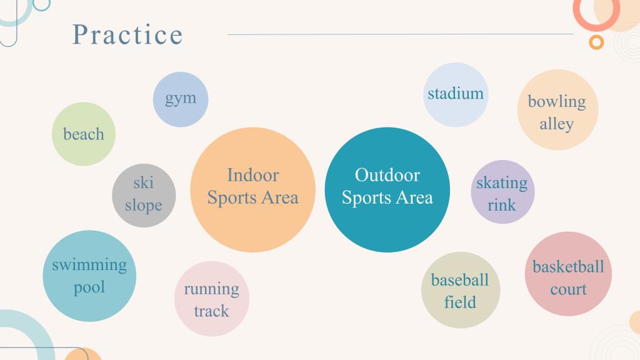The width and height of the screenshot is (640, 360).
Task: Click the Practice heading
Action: [127, 34]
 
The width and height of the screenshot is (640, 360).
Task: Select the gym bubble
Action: [181, 99]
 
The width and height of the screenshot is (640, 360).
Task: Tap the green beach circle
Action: [84, 134]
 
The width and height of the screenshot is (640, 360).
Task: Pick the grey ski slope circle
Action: [144, 196]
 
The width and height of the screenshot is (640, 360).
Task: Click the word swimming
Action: [89, 265]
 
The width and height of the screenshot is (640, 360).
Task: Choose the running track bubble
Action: [211, 299]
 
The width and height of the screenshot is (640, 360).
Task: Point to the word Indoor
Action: [253, 175]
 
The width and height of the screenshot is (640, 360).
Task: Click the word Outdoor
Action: [387, 175]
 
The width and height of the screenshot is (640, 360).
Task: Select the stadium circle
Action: [456, 95]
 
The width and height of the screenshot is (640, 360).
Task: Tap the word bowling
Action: [557, 102]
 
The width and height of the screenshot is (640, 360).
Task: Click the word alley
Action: [557, 124]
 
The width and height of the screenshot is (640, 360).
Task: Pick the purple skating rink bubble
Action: [502, 192]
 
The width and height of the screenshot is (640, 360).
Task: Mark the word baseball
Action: [460, 280]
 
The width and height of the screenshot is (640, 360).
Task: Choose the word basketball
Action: [568, 267]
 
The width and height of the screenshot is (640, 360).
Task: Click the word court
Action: [568, 289]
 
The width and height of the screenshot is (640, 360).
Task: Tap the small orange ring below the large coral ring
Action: [596, 42]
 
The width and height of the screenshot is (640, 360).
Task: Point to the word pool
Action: [89, 287]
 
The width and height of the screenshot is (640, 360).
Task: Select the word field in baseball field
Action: [460, 302]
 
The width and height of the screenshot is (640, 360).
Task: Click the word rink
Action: [502, 205]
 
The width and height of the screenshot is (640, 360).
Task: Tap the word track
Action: [211, 311]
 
